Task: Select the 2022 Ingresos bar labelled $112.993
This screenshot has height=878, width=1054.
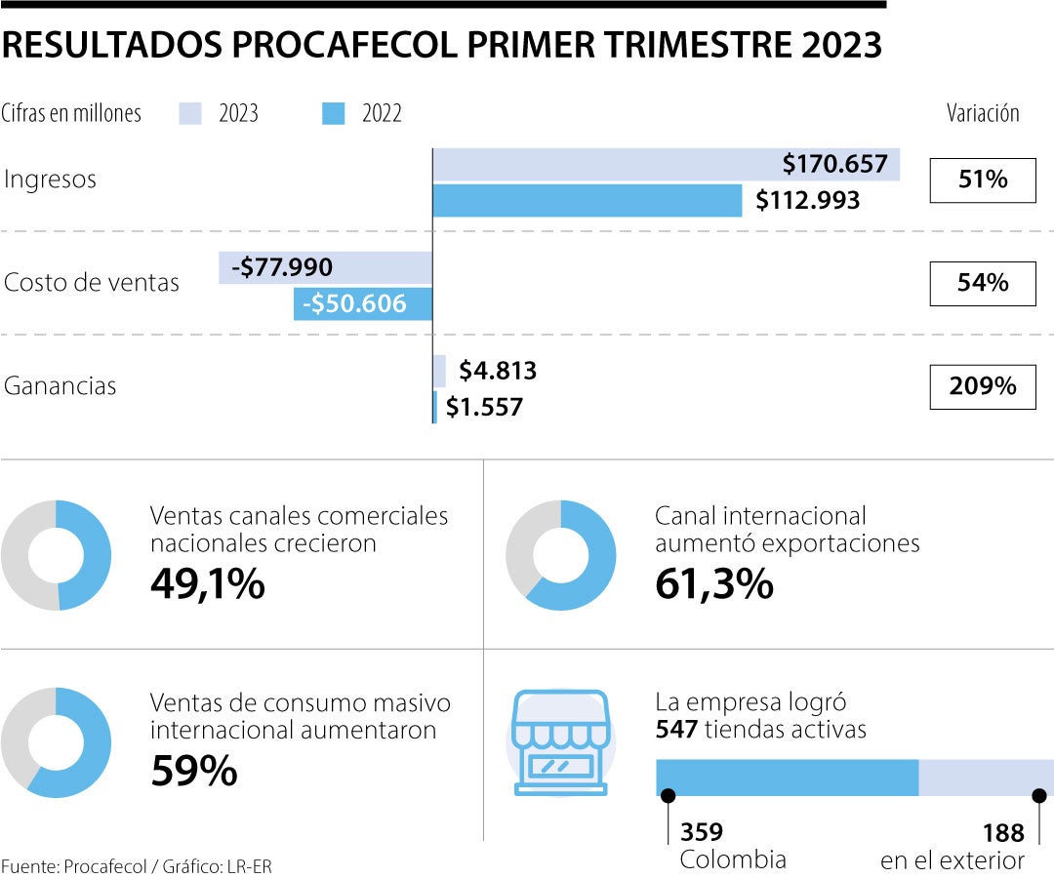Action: [x=586, y=200]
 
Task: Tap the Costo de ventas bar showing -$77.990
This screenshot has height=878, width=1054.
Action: [x=325, y=267]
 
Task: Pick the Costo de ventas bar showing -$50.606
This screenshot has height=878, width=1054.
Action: [x=362, y=303]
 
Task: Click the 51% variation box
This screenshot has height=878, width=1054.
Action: [x=982, y=180]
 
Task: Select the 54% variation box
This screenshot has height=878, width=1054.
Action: [x=982, y=283]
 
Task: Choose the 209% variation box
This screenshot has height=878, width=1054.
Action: [x=982, y=386]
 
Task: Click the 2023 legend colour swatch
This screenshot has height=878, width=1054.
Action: [x=190, y=114]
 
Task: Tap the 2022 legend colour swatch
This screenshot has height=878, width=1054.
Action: [x=334, y=114]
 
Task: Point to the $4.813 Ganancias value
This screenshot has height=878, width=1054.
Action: [x=498, y=371]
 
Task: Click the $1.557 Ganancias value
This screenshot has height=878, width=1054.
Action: [x=484, y=407]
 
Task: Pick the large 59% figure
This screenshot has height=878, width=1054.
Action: [x=194, y=771]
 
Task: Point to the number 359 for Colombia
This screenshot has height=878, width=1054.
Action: [x=702, y=832]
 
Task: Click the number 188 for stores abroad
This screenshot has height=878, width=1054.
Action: [x=1003, y=832]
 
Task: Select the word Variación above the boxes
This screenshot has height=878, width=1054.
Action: [x=982, y=113]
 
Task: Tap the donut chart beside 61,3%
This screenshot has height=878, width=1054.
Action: [x=560, y=555]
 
